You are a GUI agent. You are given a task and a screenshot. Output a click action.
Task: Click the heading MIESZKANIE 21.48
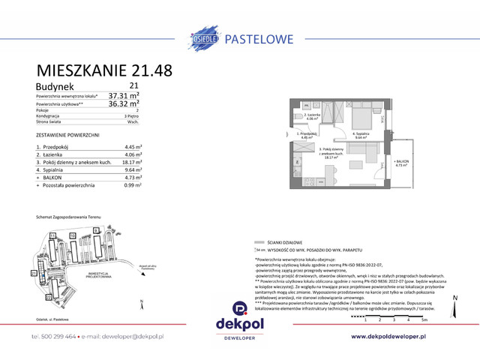tap(104, 70)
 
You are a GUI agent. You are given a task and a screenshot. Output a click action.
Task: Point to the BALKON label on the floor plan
tap(403, 162)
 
